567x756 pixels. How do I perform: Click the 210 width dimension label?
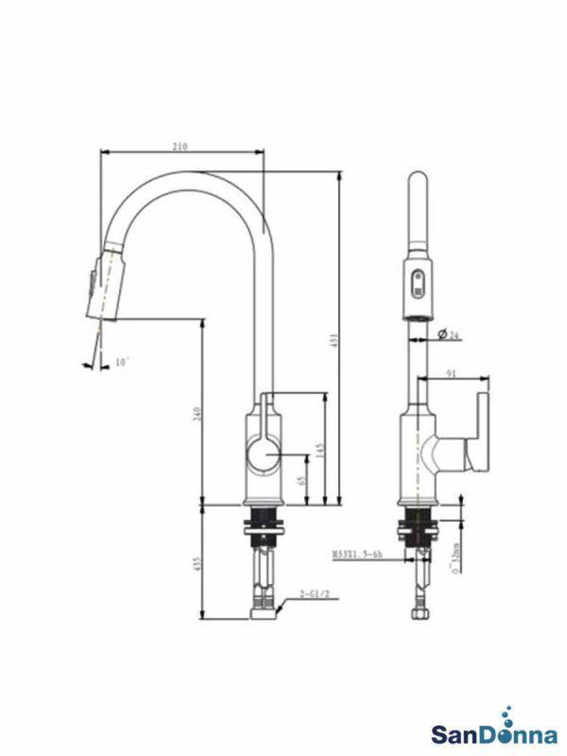pos(180,146)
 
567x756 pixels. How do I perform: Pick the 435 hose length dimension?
pos(197,563)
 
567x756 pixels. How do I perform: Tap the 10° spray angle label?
pos(121,362)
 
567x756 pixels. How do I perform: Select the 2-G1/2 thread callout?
pos(314,594)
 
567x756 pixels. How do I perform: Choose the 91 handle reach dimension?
pos(451,374)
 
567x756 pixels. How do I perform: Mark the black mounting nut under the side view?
pos(264,524)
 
